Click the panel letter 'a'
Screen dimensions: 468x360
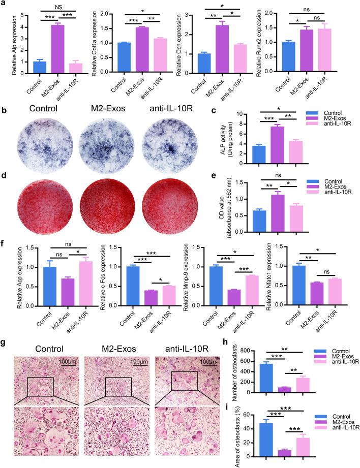click(5, 5)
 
